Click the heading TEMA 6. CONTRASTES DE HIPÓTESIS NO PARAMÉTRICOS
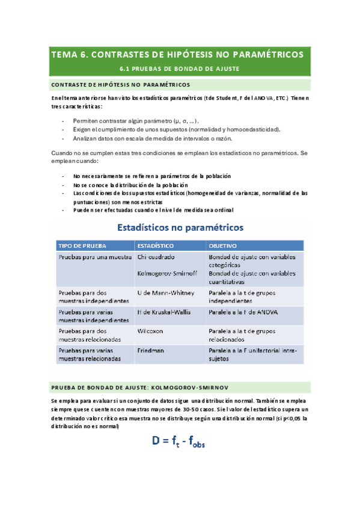click(x=178, y=55)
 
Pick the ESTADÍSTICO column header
click(x=156, y=246)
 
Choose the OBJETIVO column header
click(x=222, y=246)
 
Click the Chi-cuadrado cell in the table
click(x=156, y=257)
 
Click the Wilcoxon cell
click(x=152, y=331)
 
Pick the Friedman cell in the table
click(x=152, y=350)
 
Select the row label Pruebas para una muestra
click(x=95, y=257)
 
